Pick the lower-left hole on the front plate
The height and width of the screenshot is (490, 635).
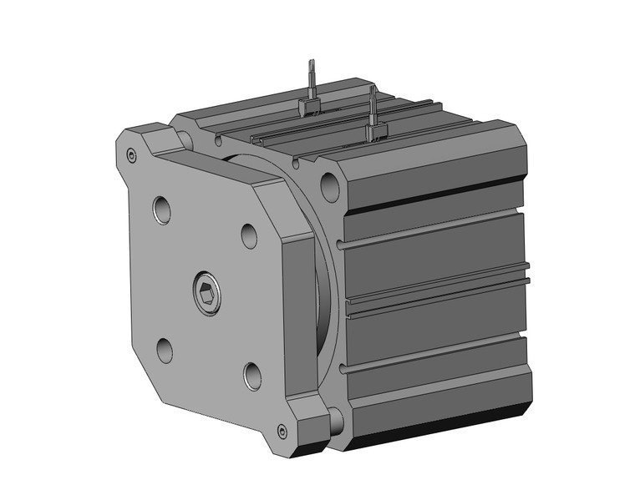pos(165,348)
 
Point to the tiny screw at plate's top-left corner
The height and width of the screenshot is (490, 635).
pos(130,154)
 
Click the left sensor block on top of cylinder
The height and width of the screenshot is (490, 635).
pos(310,107)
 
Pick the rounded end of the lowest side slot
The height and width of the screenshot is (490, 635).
pos(344,368)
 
